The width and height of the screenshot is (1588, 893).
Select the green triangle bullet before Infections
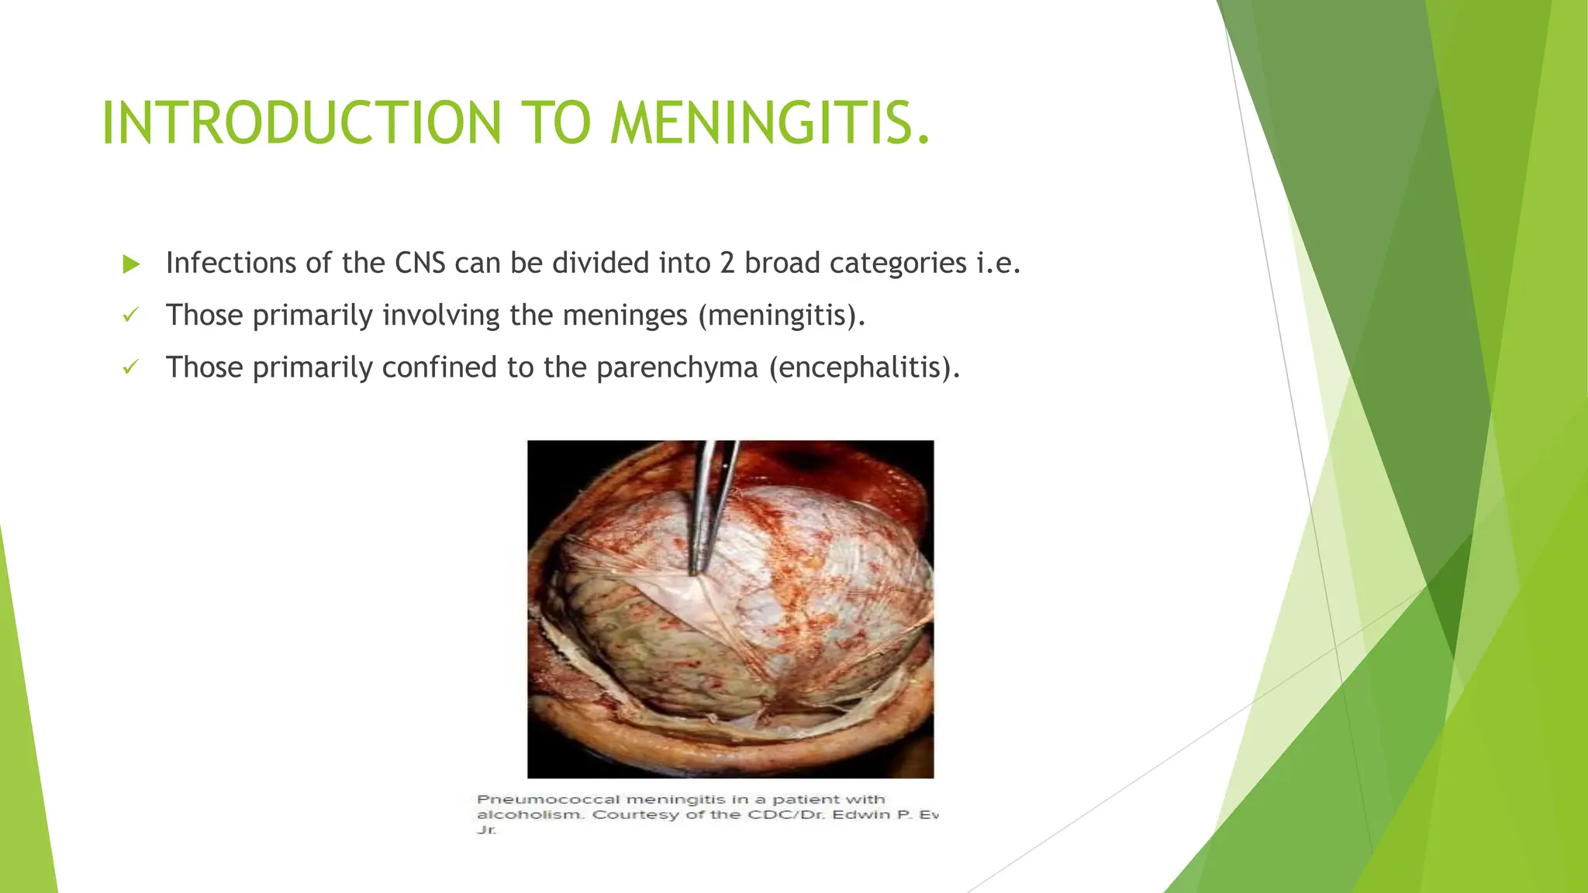(131, 264)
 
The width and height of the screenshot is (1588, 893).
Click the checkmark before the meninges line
(130, 315)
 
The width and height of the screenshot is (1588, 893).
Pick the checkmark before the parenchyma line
(130, 367)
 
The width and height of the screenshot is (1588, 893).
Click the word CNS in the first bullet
(419, 264)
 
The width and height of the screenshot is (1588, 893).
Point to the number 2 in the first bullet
(727, 264)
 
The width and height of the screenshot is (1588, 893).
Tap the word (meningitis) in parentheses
(781, 316)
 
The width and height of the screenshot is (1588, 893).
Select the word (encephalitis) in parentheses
(865, 367)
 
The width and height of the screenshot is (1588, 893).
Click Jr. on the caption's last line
(486, 830)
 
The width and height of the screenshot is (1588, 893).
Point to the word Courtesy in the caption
(635, 815)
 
